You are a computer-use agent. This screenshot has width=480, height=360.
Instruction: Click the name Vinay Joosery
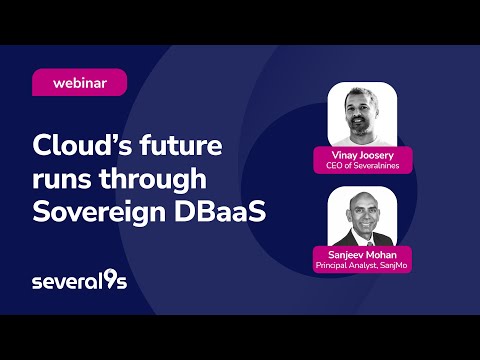point(361,156)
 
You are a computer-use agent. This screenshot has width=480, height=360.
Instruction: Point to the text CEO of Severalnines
point(361,167)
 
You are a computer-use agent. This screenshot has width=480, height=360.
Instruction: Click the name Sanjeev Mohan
point(361,257)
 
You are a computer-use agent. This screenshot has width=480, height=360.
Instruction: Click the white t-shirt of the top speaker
point(362,140)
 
